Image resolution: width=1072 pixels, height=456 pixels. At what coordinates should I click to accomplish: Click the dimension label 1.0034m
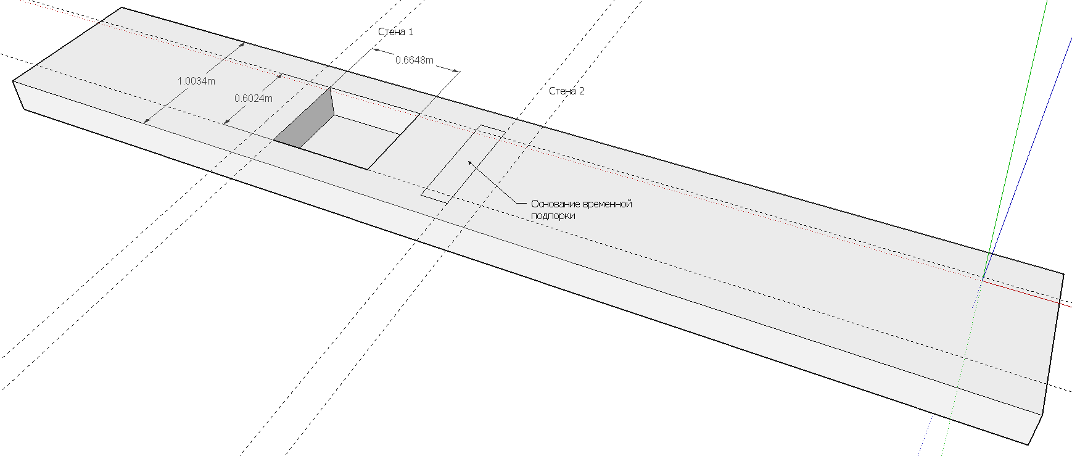click(196, 81)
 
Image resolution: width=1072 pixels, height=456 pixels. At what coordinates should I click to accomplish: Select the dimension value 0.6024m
click(253, 98)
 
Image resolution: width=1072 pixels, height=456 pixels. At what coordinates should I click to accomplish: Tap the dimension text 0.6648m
click(414, 60)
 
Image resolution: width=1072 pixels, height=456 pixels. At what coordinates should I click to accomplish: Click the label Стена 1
click(395, 31)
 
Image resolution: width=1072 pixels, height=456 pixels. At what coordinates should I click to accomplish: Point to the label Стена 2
click(566, 91)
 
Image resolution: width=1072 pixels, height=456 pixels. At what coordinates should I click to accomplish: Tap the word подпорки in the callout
click(553, 216)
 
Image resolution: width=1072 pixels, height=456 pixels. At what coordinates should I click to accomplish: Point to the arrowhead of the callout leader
click(470, 163)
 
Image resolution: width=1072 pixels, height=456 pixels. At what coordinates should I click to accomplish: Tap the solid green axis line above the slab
click(1016, 136)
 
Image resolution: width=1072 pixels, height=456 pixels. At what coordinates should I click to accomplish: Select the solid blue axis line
click(1027, 157)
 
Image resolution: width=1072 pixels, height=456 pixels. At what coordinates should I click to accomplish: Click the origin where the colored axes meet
click(983, 280)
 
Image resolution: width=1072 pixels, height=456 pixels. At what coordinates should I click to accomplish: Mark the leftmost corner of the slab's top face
click(13, 81)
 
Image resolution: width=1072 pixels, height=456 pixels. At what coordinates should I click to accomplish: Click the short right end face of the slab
click(1052, 352)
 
